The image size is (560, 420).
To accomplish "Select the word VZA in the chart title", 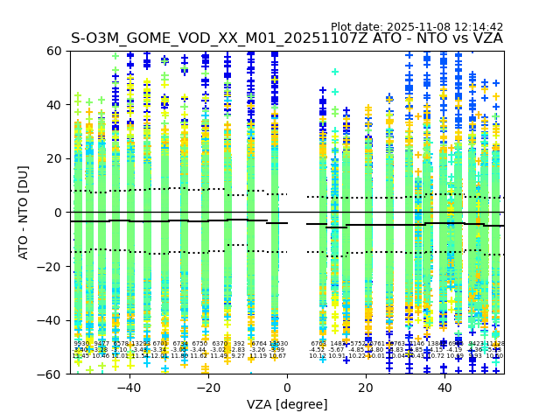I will [486, 38].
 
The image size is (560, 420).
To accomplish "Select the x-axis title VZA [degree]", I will [287, 404].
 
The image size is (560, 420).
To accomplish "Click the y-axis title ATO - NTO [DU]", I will [24, 212].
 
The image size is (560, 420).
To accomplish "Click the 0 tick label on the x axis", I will [287, 387].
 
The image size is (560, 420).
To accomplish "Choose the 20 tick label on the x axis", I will [366, 387].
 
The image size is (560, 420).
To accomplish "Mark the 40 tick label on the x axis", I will [444, 387].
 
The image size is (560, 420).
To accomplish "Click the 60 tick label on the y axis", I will [55, 51].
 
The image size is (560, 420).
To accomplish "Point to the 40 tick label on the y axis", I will [55, 105].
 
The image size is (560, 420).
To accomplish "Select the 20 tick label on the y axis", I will [55, 158].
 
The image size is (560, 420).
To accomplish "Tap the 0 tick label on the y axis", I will [59, 213].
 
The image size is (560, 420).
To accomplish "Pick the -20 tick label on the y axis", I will [52, 266].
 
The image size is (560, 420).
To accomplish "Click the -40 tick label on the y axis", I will [52, 320].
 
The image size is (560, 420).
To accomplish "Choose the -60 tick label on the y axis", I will [52, 374].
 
